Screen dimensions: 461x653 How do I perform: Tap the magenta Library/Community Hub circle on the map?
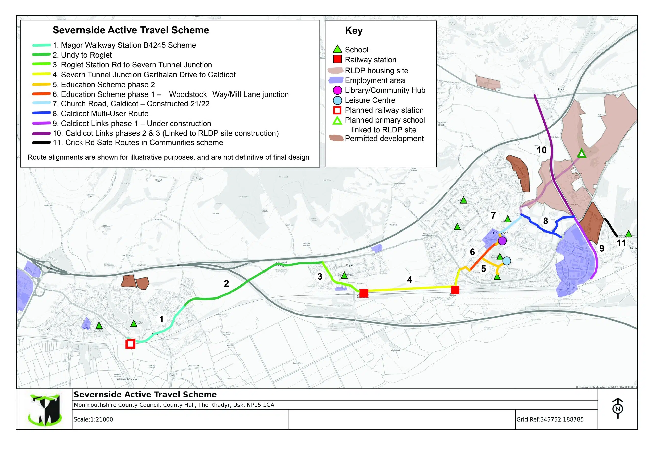502,241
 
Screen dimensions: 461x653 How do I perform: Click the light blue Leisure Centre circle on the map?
507,261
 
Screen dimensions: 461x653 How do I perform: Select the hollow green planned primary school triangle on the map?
582,154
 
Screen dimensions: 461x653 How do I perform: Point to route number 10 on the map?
542,150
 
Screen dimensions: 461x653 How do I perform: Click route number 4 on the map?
410,280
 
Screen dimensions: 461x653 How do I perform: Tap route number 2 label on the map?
227,283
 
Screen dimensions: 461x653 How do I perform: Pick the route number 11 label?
621,243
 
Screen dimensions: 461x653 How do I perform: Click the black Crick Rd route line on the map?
611,227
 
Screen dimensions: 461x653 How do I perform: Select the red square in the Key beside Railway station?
337,59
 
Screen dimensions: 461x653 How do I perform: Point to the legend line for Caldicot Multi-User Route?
42,113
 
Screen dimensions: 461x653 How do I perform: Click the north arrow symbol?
618,408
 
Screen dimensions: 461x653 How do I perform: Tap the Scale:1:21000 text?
93,419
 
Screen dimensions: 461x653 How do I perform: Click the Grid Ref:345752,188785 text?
550,419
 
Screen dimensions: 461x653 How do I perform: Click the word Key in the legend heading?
354,30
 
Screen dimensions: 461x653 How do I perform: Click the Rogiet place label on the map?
350,265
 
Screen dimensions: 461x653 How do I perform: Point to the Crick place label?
561,89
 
